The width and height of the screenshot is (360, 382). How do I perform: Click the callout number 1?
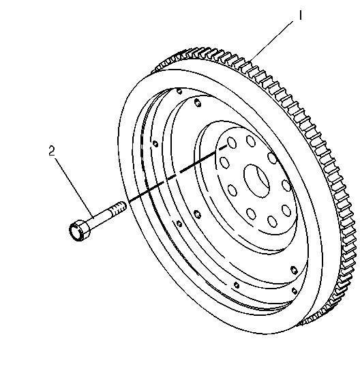(x=301, y=15)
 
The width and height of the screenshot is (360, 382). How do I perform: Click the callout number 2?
(x=52, y=151)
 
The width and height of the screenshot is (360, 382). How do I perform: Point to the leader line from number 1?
(x=273, y=40)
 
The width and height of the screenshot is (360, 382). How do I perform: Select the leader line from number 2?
(x=74, y=188)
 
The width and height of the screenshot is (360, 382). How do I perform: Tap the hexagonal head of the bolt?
(x=79, y=231)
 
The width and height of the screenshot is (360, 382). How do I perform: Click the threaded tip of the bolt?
(x=119, y=209)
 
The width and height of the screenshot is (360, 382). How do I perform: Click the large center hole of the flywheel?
(x=257, y=181)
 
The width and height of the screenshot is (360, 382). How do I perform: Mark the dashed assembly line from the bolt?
(x=178, y=173)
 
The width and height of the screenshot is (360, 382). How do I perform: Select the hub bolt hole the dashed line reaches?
(x=231, y=143)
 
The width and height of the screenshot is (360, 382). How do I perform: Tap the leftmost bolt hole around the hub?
(x=224, y=162)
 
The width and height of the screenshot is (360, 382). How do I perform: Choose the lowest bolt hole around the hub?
(x=272, y=221)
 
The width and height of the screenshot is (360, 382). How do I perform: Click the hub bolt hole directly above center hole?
(x=251, y=141)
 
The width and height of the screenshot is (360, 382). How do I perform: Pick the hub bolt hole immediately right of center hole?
(x=286, y=186)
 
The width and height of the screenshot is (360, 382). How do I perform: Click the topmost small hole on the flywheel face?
(x=179, y=91)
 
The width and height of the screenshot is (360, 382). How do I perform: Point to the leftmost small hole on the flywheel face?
(x=155, y=144)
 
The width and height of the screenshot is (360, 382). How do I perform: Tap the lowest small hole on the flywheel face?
(x=295, y=291)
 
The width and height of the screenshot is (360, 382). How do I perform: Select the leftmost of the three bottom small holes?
(x=236, y=285)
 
